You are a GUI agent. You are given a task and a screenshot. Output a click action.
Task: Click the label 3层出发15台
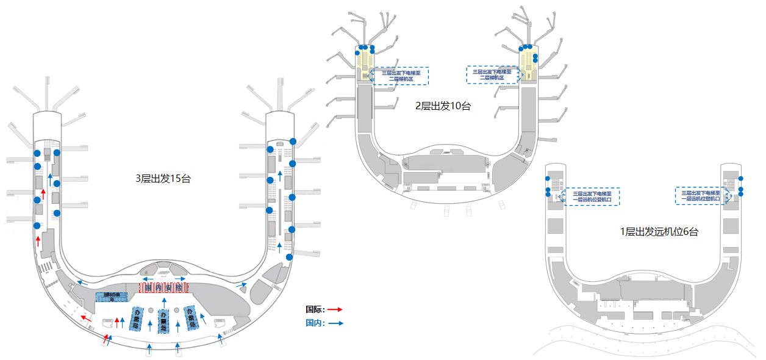163,179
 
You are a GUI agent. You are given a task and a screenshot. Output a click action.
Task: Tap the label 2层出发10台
443,106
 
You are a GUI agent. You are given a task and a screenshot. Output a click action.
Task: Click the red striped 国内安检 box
163,287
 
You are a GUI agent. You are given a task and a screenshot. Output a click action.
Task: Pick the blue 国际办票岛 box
112,297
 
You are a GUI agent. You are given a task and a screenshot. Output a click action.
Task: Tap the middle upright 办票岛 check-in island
163,321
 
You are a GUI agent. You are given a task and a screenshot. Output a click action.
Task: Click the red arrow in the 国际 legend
335,309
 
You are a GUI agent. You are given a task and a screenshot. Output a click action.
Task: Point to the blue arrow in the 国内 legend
335,323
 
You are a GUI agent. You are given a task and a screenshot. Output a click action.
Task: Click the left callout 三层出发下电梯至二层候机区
401,76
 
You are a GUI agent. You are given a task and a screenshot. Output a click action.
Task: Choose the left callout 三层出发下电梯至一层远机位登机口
592,196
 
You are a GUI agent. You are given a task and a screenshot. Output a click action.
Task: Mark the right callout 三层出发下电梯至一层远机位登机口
701,196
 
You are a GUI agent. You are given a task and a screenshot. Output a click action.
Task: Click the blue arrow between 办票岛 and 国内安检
163,302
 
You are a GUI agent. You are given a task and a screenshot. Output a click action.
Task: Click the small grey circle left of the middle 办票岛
151,310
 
